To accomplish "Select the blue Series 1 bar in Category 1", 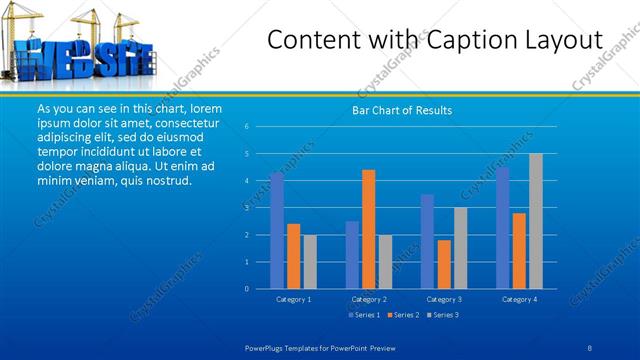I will (277, 231).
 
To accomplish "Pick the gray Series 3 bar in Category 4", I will (535, 221).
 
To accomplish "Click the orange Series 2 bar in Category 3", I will (443, 264).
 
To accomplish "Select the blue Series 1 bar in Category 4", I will (502, 228).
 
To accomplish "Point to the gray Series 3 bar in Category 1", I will (310, 261).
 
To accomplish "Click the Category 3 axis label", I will (444, 299).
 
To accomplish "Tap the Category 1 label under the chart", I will (294, 299).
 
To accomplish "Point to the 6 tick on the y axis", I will (246, 127).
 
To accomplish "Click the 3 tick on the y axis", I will (246, 208).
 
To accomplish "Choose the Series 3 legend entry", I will (443, 316).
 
